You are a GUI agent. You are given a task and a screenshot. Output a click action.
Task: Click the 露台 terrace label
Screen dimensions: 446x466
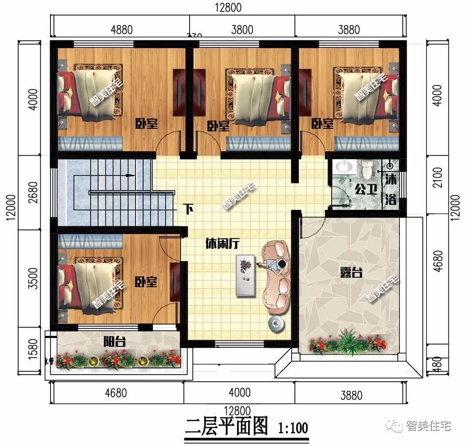(350, 273)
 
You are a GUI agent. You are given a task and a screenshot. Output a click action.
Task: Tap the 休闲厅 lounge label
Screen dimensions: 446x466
(222, 243)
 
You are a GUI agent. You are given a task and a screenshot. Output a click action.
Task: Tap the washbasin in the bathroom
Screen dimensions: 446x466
(346, 167)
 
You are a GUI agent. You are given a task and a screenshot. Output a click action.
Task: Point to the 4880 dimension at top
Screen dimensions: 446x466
(121, 29)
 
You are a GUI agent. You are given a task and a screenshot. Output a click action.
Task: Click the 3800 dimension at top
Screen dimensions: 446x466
(242, 29)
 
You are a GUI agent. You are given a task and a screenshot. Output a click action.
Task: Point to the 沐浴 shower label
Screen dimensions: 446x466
(391, 189)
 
